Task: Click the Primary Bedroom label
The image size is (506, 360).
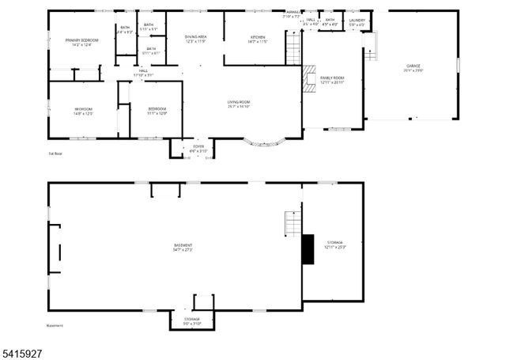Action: coord(81,42)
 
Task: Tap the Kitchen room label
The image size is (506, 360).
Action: coord(258,40)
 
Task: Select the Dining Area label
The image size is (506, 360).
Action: coord(196,39)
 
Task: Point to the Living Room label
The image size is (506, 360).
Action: coord(239,104)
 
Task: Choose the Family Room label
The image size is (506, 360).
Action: coord(332,80)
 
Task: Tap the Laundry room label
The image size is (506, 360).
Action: coord(357,22)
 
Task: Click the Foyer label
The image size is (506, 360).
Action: coord(198,149)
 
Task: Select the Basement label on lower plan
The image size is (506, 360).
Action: coord(183,247)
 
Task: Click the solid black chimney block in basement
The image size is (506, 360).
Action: coord(308,249)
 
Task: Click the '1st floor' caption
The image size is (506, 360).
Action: coord(55,153)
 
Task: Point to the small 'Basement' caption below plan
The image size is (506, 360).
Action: coord(55,325)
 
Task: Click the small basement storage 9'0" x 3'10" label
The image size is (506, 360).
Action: coord(193,321)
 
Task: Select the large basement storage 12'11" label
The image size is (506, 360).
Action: coord(334,244)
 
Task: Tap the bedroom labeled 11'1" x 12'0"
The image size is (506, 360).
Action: coord(157,111)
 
